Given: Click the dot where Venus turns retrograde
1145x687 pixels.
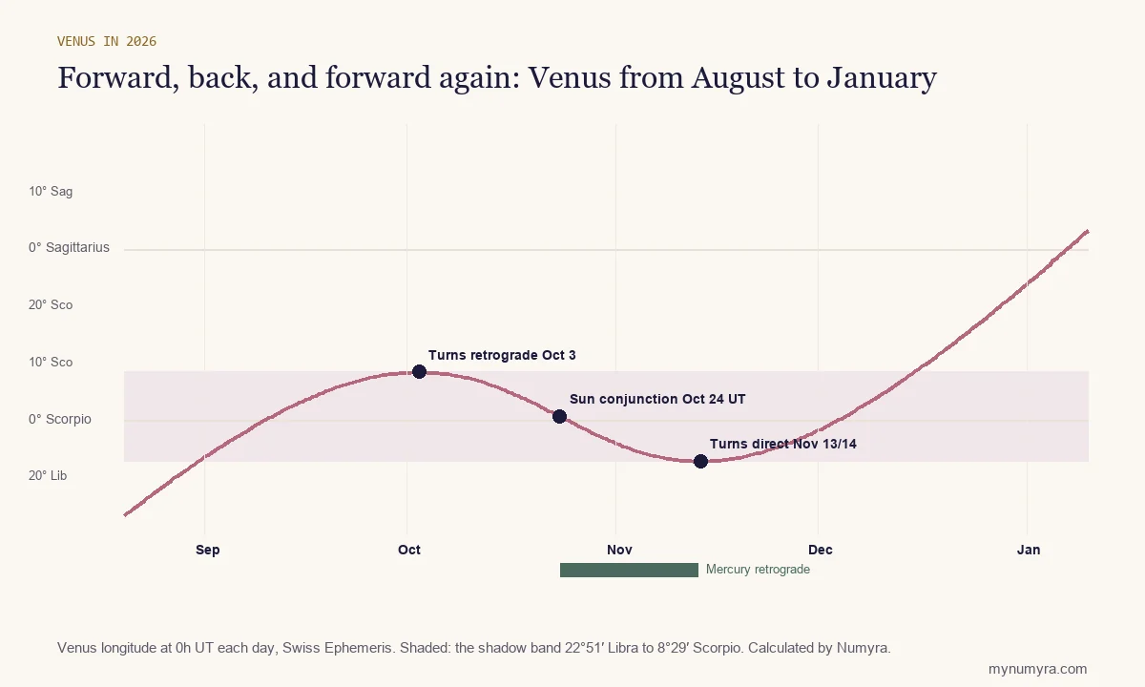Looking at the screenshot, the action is coord(419,371).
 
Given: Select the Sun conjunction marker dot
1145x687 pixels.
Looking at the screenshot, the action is coord(559,417).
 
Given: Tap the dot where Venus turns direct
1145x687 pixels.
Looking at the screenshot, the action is coord(700,462).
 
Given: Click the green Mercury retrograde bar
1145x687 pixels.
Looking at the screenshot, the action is coord(629,570).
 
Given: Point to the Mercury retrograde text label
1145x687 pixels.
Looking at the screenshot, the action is coord(758,570).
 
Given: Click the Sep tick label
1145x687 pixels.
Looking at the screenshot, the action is coord(208,550).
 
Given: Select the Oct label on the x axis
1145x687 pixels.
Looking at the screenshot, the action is coord(409,550).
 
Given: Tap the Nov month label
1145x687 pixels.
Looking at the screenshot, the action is coord(619,550).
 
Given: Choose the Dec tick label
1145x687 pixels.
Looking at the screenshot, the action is coord(821,550).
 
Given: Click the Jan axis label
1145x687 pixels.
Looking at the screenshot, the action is coord(1029,550).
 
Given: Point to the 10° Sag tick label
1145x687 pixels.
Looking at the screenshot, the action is coord(51,192).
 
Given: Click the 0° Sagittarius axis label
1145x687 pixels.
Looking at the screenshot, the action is coord(69,247).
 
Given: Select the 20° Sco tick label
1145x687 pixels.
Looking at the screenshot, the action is coord(51,305).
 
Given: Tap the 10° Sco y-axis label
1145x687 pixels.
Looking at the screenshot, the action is coord(51,363).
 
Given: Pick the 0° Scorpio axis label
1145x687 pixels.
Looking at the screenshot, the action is coord(60,419).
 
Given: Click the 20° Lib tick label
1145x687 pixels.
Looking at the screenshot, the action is coord(48,476).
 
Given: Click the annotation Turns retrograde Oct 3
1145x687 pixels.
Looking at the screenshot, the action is coord(502,355).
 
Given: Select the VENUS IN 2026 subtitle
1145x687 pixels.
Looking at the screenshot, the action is coord(107,41).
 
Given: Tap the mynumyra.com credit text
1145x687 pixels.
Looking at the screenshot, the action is coord(1038,669).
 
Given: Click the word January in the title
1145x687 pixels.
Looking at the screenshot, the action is coord(882,78).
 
